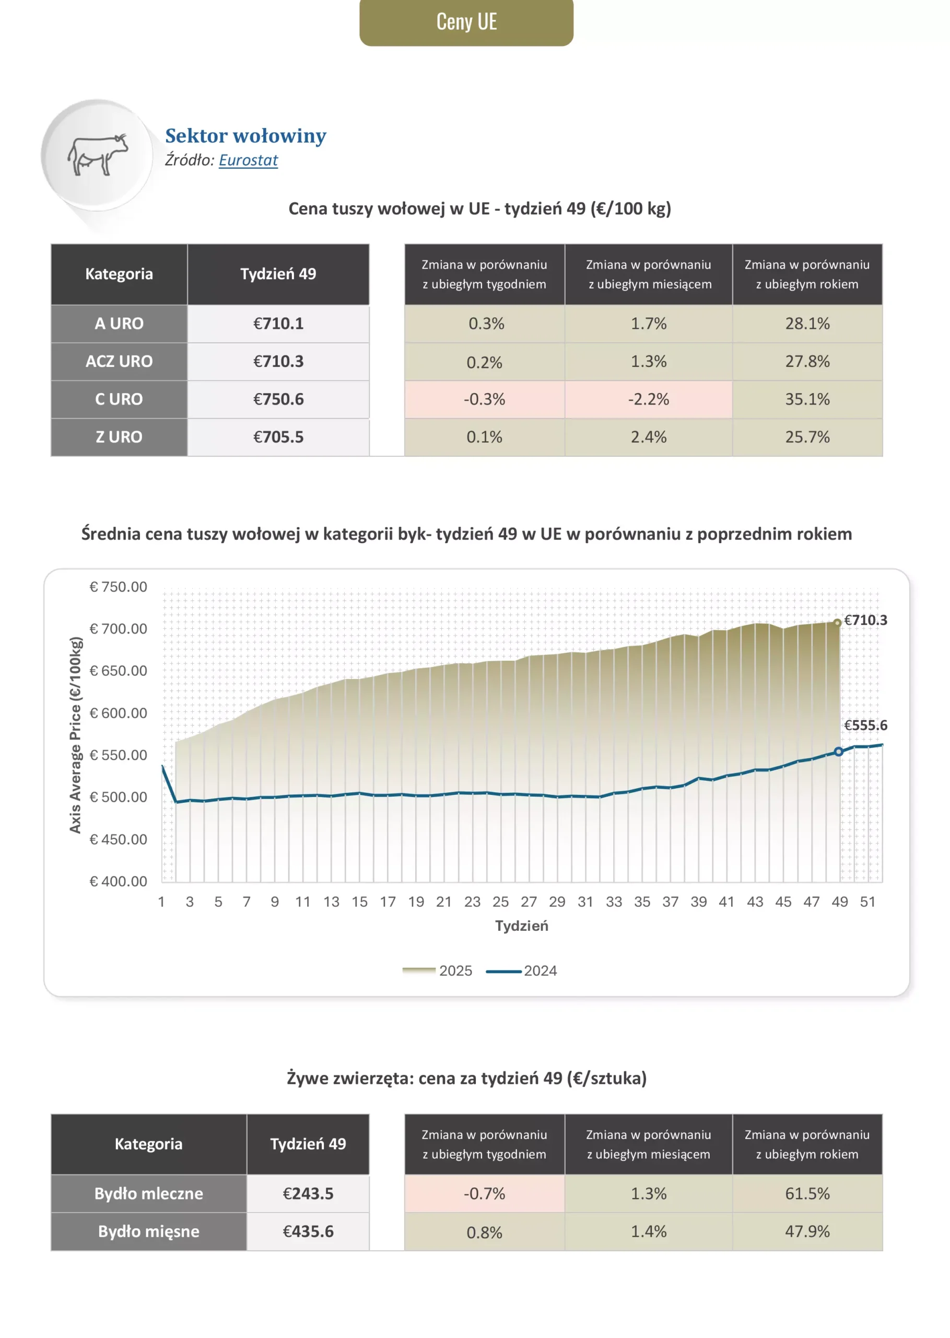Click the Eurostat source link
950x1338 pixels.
pos(248,160)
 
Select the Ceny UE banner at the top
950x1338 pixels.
pos(466,22)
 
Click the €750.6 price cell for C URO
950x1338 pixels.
pos(278,399)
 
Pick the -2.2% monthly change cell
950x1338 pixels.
pos(648,399)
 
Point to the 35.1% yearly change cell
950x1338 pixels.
pos(807,399)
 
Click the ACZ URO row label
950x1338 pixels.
pos(119,361)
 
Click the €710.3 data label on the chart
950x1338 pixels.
pos(865,620)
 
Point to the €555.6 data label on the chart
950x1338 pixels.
pos(865,725)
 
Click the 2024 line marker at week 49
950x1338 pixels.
pos(838,752)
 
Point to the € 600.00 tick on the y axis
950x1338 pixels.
pos(118,713)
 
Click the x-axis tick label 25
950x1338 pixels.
pos(500,902)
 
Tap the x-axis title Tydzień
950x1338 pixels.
pos(521,926)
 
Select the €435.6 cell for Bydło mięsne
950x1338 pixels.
pos(308,1231)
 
